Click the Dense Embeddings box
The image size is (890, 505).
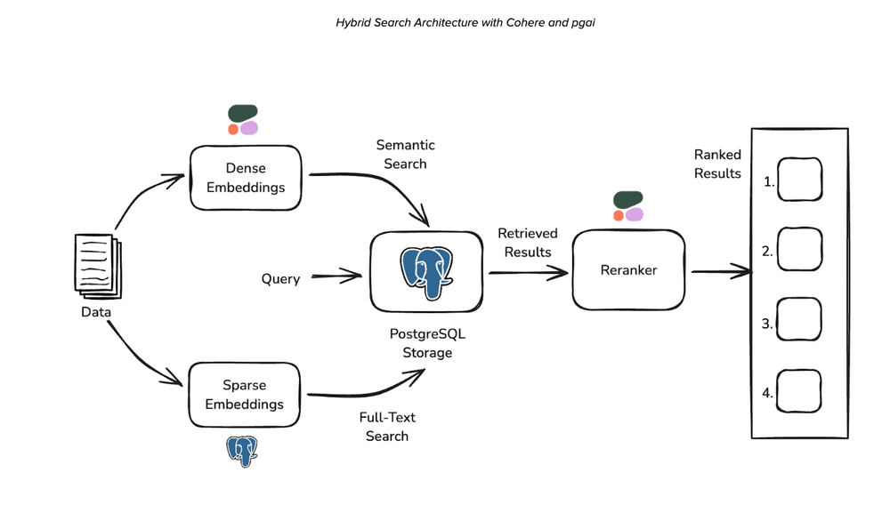(x=246, y=177)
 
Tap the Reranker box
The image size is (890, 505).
(x=629, y=269)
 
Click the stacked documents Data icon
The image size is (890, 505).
(x=95, y=266)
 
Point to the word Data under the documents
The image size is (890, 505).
(x=96, y=312)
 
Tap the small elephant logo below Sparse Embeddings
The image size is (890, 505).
(x=241, y=452)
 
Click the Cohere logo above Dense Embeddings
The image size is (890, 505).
(x=243, y=120)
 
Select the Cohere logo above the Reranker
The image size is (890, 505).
(x=627, y=206)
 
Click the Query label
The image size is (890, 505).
(x=280, y=278)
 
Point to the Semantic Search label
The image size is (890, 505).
(x=405, y=154)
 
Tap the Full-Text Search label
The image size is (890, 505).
(x=387, y=426)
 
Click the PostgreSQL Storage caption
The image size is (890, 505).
(x=421, y=343)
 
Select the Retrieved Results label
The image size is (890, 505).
(x=528, y=242)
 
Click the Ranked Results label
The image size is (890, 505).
(x=717, y=164)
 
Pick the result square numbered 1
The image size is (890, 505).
(x=799, y=180)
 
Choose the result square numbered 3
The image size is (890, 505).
(x=799, y=320)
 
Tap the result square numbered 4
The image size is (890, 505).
(x=799, y=389)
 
